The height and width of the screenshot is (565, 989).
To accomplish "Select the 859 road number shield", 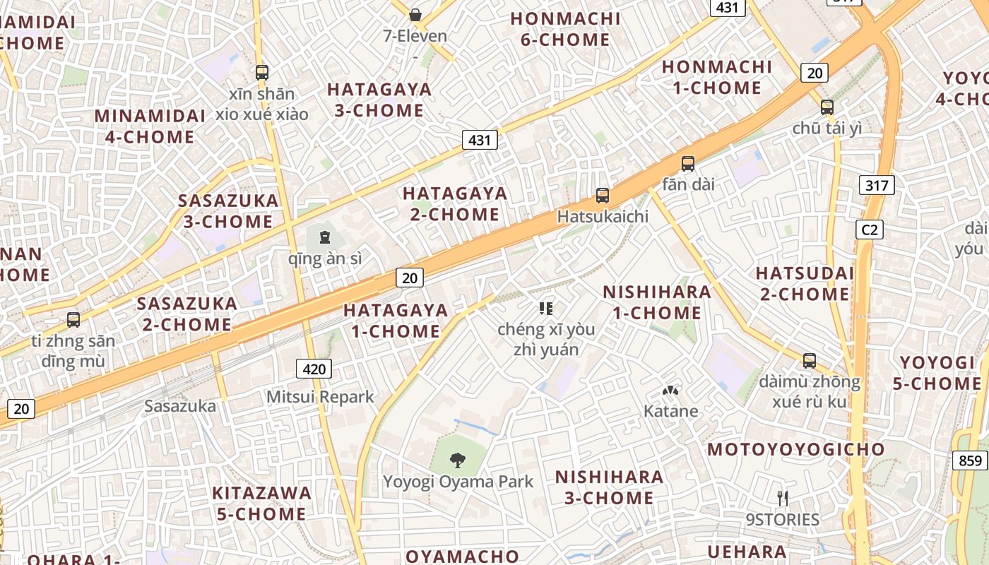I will [x=971, y=460].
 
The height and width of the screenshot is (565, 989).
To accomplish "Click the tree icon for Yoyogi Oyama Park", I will [x=458, y=460].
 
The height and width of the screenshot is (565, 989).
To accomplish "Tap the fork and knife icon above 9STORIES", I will [x=782, y=498].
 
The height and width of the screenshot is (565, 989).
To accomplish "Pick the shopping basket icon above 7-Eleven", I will [x=415, y=14].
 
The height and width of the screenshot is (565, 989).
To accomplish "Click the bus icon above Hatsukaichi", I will [x=602, y=196].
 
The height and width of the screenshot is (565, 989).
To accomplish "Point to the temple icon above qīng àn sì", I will [x=325, y=237].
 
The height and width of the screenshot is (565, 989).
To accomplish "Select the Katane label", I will [x=670, y=411].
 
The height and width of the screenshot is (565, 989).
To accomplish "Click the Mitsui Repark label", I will [x=320, y=397].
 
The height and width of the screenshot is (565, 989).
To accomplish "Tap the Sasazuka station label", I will [x=180, y=406].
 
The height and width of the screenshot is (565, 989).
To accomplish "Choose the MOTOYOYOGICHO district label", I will [x=795, y=450].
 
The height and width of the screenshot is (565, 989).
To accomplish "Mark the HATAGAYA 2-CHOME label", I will [x=455, y=203].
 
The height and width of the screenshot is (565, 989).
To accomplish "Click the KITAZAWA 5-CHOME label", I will [x=261, y=503].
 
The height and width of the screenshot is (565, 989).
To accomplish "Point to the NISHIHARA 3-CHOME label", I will [x=609, y=487].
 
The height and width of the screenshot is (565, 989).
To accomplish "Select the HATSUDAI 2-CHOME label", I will [x=805, y=283].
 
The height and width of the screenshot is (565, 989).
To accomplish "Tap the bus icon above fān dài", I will [x=687, y=164].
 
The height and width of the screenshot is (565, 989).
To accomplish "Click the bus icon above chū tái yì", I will [x=827, y=107].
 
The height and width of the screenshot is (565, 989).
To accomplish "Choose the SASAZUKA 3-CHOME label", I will [x=228, y=210].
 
